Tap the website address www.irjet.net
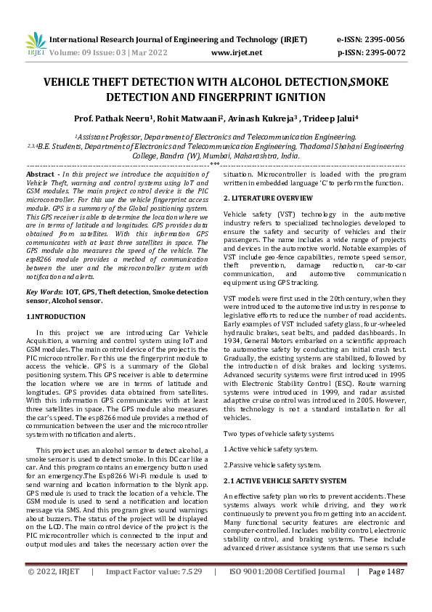pos(236,52)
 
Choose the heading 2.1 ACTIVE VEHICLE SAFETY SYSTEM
pos(285,481)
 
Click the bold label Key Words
pos(43,291)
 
